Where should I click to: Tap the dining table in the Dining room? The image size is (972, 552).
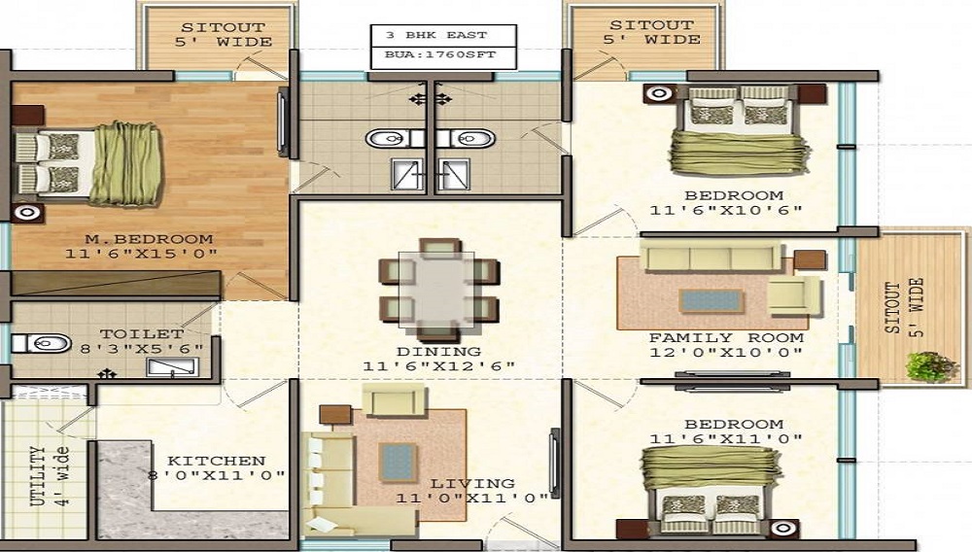[436, 290]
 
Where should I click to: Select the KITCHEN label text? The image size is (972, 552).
[217, 461]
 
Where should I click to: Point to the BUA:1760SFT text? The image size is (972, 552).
[440, 54]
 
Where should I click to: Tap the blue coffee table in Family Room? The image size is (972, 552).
[712, 301]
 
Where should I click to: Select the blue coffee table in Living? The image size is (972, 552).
[398, 463]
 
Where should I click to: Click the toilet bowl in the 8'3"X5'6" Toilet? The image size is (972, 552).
[42, 343]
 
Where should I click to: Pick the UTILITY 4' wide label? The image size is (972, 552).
[50, 476]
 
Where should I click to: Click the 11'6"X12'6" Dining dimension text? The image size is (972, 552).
[438, 366]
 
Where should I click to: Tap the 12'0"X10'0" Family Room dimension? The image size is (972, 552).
[726, 353]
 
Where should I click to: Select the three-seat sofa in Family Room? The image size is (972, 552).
[712, 257]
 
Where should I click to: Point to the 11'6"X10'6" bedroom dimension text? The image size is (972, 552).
[726, 210]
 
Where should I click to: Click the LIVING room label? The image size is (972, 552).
[472, 483]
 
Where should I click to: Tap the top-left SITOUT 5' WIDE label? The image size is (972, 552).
[224, 35]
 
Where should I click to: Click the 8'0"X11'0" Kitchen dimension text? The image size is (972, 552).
[217, 476]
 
